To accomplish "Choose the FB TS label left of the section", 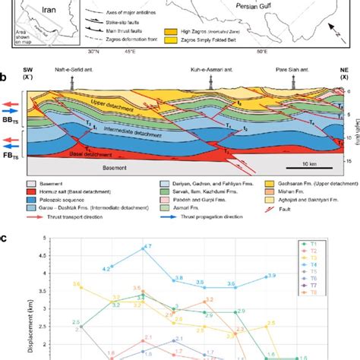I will (x=10, y=150).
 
